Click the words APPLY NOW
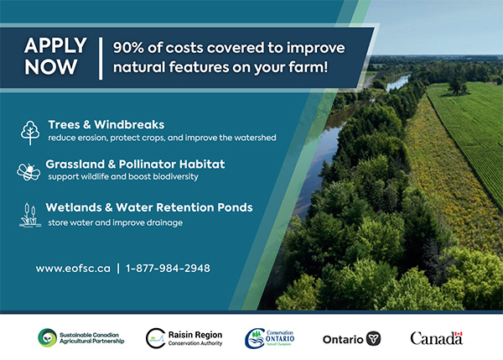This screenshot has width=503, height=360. point(55,57)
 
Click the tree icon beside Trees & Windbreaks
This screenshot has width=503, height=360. point(30,132)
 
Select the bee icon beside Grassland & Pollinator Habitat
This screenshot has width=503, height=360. point(29,171)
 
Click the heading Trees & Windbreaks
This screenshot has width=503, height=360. point(106,124)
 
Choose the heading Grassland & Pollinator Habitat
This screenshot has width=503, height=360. point(136,164)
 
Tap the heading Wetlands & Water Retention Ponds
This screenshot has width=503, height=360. point(149,207)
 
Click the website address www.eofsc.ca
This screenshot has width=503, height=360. point(73,269)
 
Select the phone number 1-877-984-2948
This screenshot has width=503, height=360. point(168,269)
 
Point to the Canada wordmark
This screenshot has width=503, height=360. point(435,338)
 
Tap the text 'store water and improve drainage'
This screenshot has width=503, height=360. point(115,222)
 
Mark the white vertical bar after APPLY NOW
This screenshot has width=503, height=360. point(101,57)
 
